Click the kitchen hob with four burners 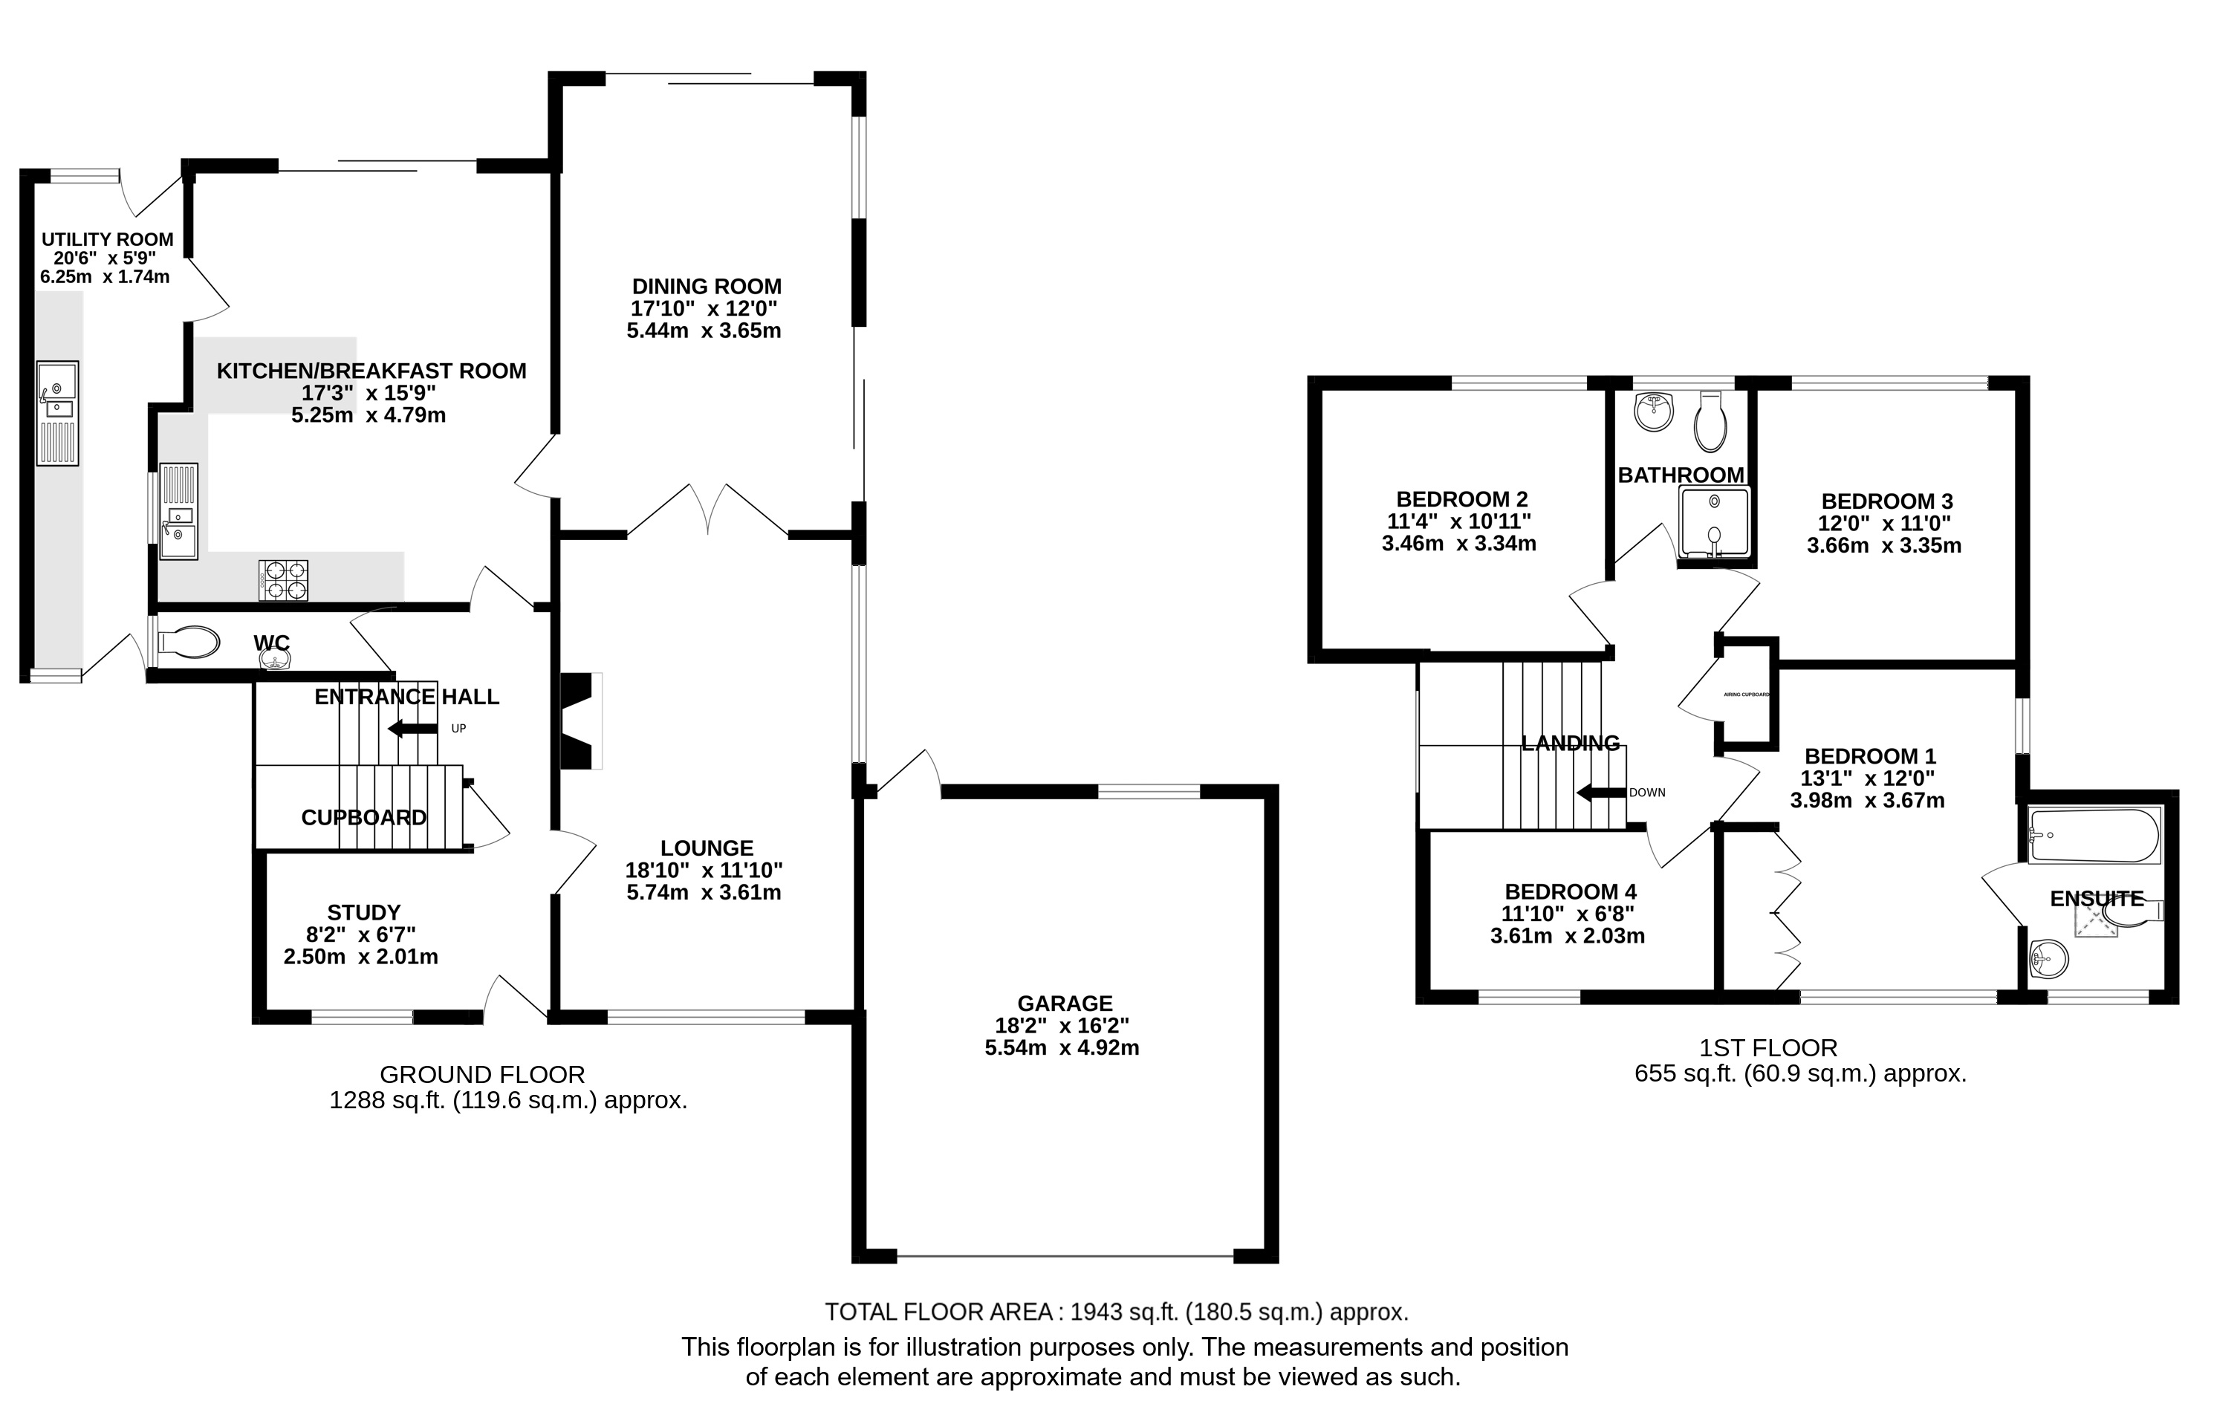coord(283,580)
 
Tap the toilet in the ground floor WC coord(188,643)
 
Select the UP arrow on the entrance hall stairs coord(412,729)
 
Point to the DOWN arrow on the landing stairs coord(1600,793)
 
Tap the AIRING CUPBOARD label coord(1746,694)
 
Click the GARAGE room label coord(1065,1003)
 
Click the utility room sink coord(57,414)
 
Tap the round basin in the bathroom coord(1654,412)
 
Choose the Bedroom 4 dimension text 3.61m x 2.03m coord(1567,936)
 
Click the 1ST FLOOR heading coord(1768,1047)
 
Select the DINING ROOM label coord(707,286)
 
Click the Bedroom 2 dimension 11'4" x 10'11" coord(1459,521)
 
